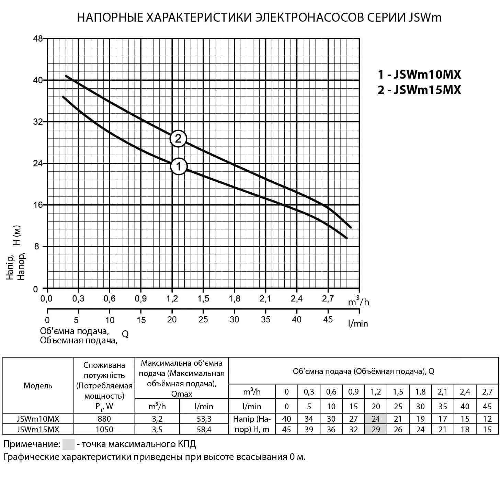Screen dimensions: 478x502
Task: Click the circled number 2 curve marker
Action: coord(178,138)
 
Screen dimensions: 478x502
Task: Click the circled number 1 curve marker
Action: coord(179,167)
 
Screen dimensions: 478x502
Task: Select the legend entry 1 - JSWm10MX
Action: coord(419,74)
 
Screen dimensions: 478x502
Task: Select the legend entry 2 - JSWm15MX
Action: coord(419,90)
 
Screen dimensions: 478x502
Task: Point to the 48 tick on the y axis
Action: coord(38,38)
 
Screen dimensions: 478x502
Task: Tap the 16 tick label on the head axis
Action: coord(38,205)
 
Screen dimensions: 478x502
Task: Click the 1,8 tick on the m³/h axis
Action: coord(235,299)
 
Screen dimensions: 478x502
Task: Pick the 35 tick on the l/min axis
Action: coord(265,320)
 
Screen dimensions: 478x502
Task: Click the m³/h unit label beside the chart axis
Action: coord(358,301)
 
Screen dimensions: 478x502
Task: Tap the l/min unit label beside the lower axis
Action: coord(358,323)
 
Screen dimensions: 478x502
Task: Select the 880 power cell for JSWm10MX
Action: coord(104,419)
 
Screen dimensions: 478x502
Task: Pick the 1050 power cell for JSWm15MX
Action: coord(104,429)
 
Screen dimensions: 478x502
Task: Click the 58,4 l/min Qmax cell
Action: coord(204,429)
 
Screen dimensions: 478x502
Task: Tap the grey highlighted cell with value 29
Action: coord(376,429)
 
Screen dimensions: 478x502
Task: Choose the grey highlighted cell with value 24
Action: coord(376,419)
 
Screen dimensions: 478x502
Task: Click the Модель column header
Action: coord(38,385)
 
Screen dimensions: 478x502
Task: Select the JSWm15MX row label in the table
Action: coord(38,429)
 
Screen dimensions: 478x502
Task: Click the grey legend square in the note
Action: coord(68,444)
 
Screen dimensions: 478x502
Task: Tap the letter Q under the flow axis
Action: coord(125,334)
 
